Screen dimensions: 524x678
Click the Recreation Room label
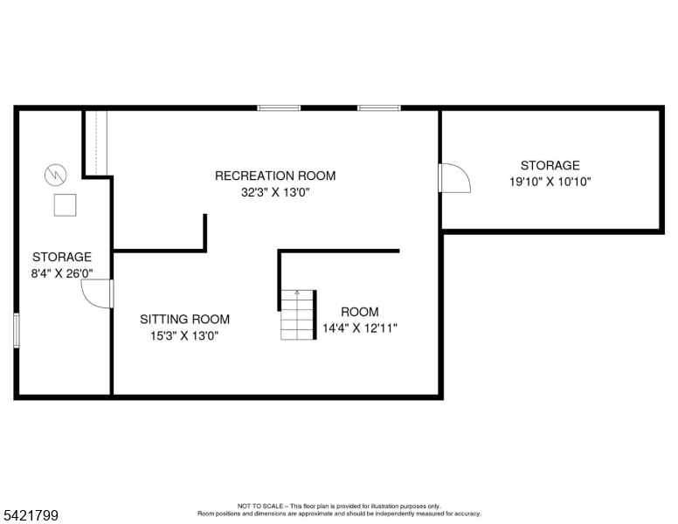pos(275,176)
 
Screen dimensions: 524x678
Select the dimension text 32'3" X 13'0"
pos(275,193)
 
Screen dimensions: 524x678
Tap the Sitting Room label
pos(184,320)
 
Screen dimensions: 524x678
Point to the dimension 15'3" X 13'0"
pos(184,336)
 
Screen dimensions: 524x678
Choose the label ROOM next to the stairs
pos(360,312)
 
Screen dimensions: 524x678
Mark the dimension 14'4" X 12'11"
pos(360,328)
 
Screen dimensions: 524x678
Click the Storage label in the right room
pos(550,165)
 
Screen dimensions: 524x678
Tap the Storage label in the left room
pos(62,257)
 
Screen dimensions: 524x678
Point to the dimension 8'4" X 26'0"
pos(62,273)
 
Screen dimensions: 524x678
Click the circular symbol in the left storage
pos(54,174)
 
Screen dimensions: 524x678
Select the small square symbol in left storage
pos(65,205)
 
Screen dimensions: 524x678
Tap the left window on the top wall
pos(279,108)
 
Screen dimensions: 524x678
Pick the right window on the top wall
pos(379,108)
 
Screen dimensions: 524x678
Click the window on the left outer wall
pos(17,331)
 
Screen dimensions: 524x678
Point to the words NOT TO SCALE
pos(259,506)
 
